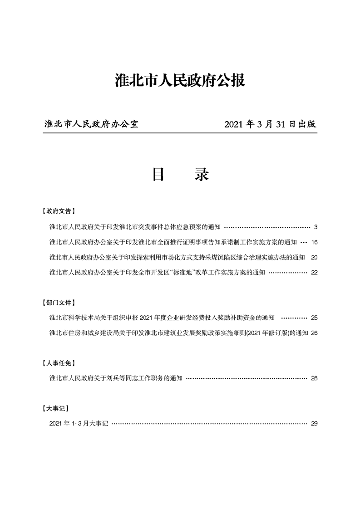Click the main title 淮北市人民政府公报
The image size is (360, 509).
click(x=180, y=81)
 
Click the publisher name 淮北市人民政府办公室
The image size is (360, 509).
click(x=91, y=124)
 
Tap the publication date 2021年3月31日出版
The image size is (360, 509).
click(x=270, y=124)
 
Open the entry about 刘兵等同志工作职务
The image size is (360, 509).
click(x=116, y=378)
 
